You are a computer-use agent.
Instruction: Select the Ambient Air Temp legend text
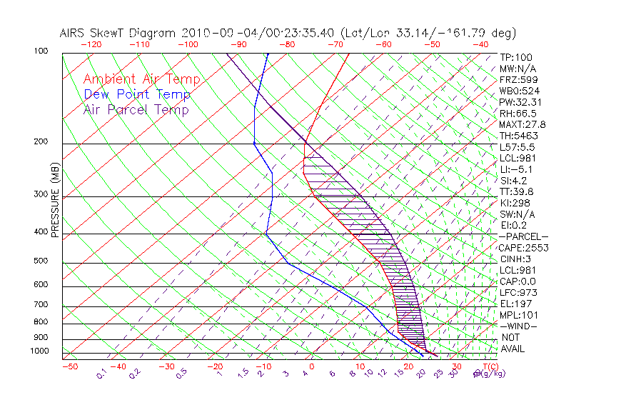tap(141, 80)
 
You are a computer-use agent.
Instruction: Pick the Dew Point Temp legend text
tap(137, 95)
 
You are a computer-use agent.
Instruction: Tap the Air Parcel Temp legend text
tap(136, 110)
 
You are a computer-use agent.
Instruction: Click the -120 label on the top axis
tap(91, 44)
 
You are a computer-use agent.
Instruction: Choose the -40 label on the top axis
tap(481, 44)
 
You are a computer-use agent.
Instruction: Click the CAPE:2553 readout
tap(523, 248)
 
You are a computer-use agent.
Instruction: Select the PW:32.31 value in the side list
tap(520, 102)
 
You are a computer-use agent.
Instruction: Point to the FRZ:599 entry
tap(519, 80)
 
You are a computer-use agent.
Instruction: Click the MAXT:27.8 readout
tap(523, 125)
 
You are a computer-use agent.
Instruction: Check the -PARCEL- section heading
tap(523, 236)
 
